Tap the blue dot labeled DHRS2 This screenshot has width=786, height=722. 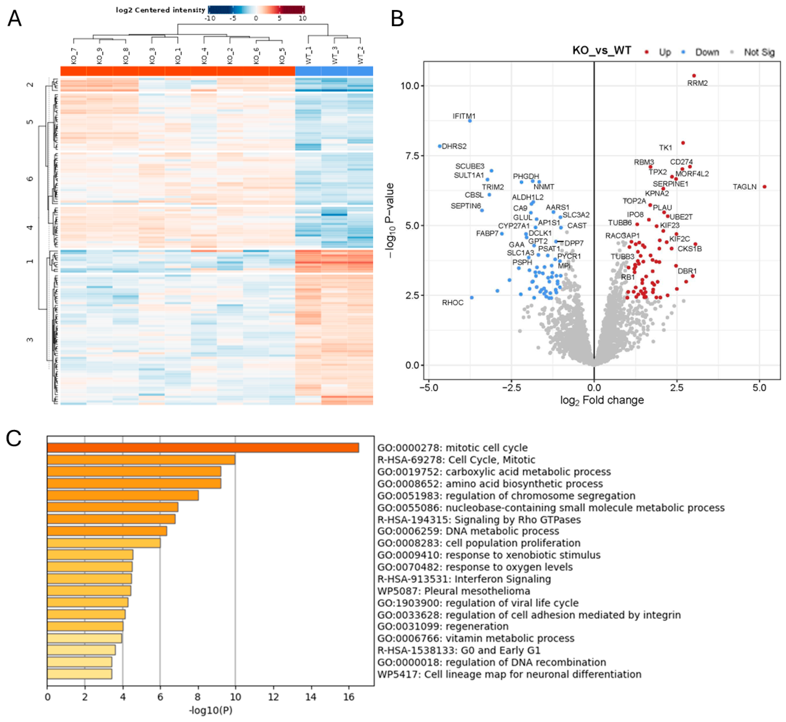(440, 146)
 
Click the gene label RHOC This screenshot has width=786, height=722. (453, 303)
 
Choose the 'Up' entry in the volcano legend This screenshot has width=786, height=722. (665, 52)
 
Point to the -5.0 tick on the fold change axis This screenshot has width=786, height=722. (428, 388)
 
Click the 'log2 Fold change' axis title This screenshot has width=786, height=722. (602, 400)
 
